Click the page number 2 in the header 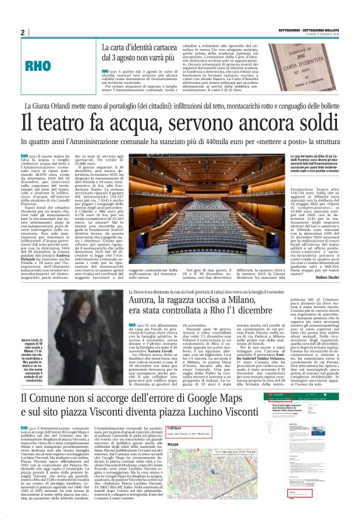pos(22,33)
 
